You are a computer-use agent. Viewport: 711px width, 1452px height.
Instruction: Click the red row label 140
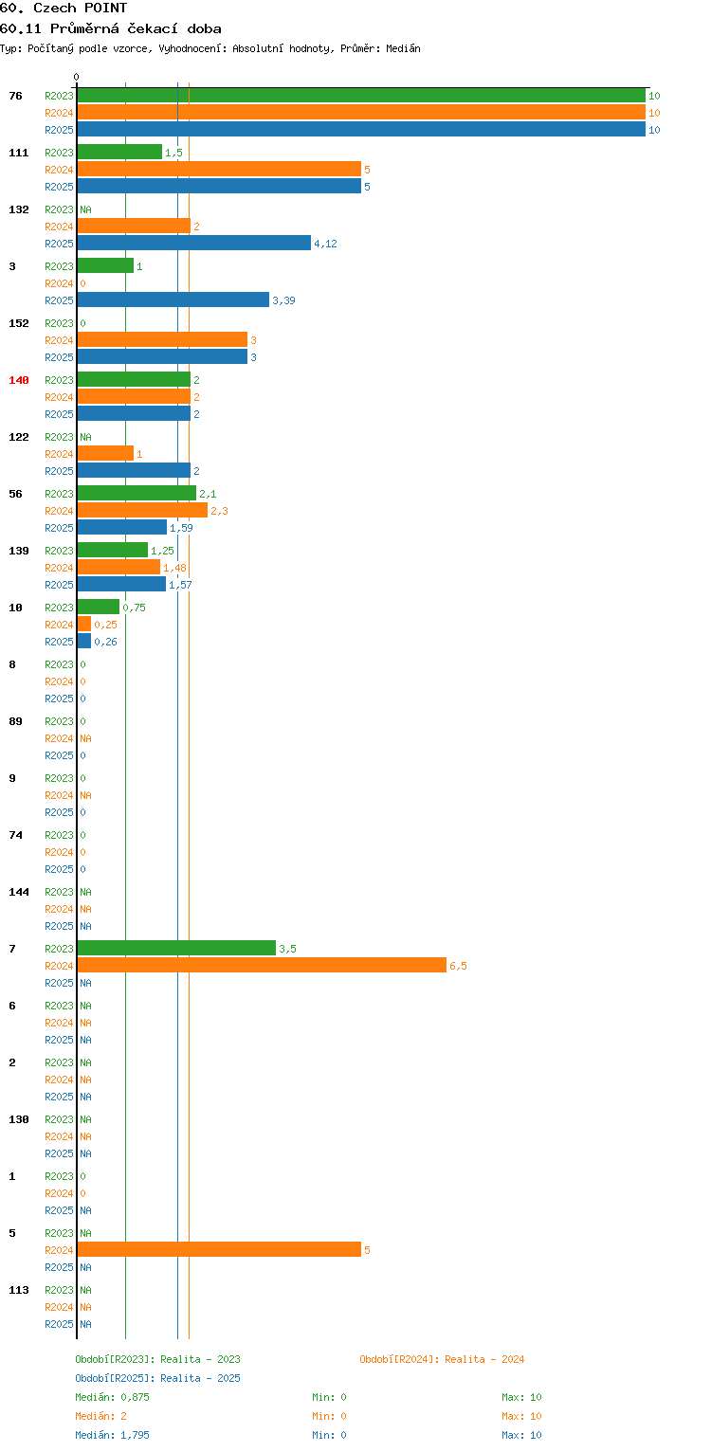(x=19, y=380)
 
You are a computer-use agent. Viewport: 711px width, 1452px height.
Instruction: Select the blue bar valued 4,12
(x=193, y=243)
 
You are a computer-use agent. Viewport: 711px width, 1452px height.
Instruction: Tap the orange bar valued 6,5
(x=262, y=965)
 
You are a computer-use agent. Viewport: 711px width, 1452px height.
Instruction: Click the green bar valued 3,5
(x=176, y=949)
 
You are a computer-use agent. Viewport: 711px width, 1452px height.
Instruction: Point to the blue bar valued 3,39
(x=173, y=299)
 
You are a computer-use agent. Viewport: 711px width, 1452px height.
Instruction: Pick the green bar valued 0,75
(x=99, y=607)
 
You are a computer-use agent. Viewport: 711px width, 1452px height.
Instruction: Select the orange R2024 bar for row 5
(x=219, y=1249)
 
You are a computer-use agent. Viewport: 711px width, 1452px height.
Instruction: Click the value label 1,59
(x=181, y=528)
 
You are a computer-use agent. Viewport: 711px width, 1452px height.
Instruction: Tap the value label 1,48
(x=174, y=568)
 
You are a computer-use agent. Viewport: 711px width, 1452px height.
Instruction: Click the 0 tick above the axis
(x=77, y=77)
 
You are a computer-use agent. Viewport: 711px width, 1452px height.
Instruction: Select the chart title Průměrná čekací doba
(x=136, y=28)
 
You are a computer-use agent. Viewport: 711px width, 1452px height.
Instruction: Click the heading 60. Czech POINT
(x=64, y=8)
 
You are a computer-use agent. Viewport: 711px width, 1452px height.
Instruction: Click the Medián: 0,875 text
(x=112, y=1397)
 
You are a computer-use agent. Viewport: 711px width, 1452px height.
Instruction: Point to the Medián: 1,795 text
(x=112, y=1435)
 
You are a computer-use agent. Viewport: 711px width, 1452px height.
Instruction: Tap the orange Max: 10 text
(x=521, y=1416)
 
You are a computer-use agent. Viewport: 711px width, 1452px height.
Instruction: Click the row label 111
(x=19, y=153)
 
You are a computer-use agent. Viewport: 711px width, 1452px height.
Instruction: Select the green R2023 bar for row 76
(x=361, y=96)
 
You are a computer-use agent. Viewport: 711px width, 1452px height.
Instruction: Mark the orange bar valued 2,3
(x=142, y=510)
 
